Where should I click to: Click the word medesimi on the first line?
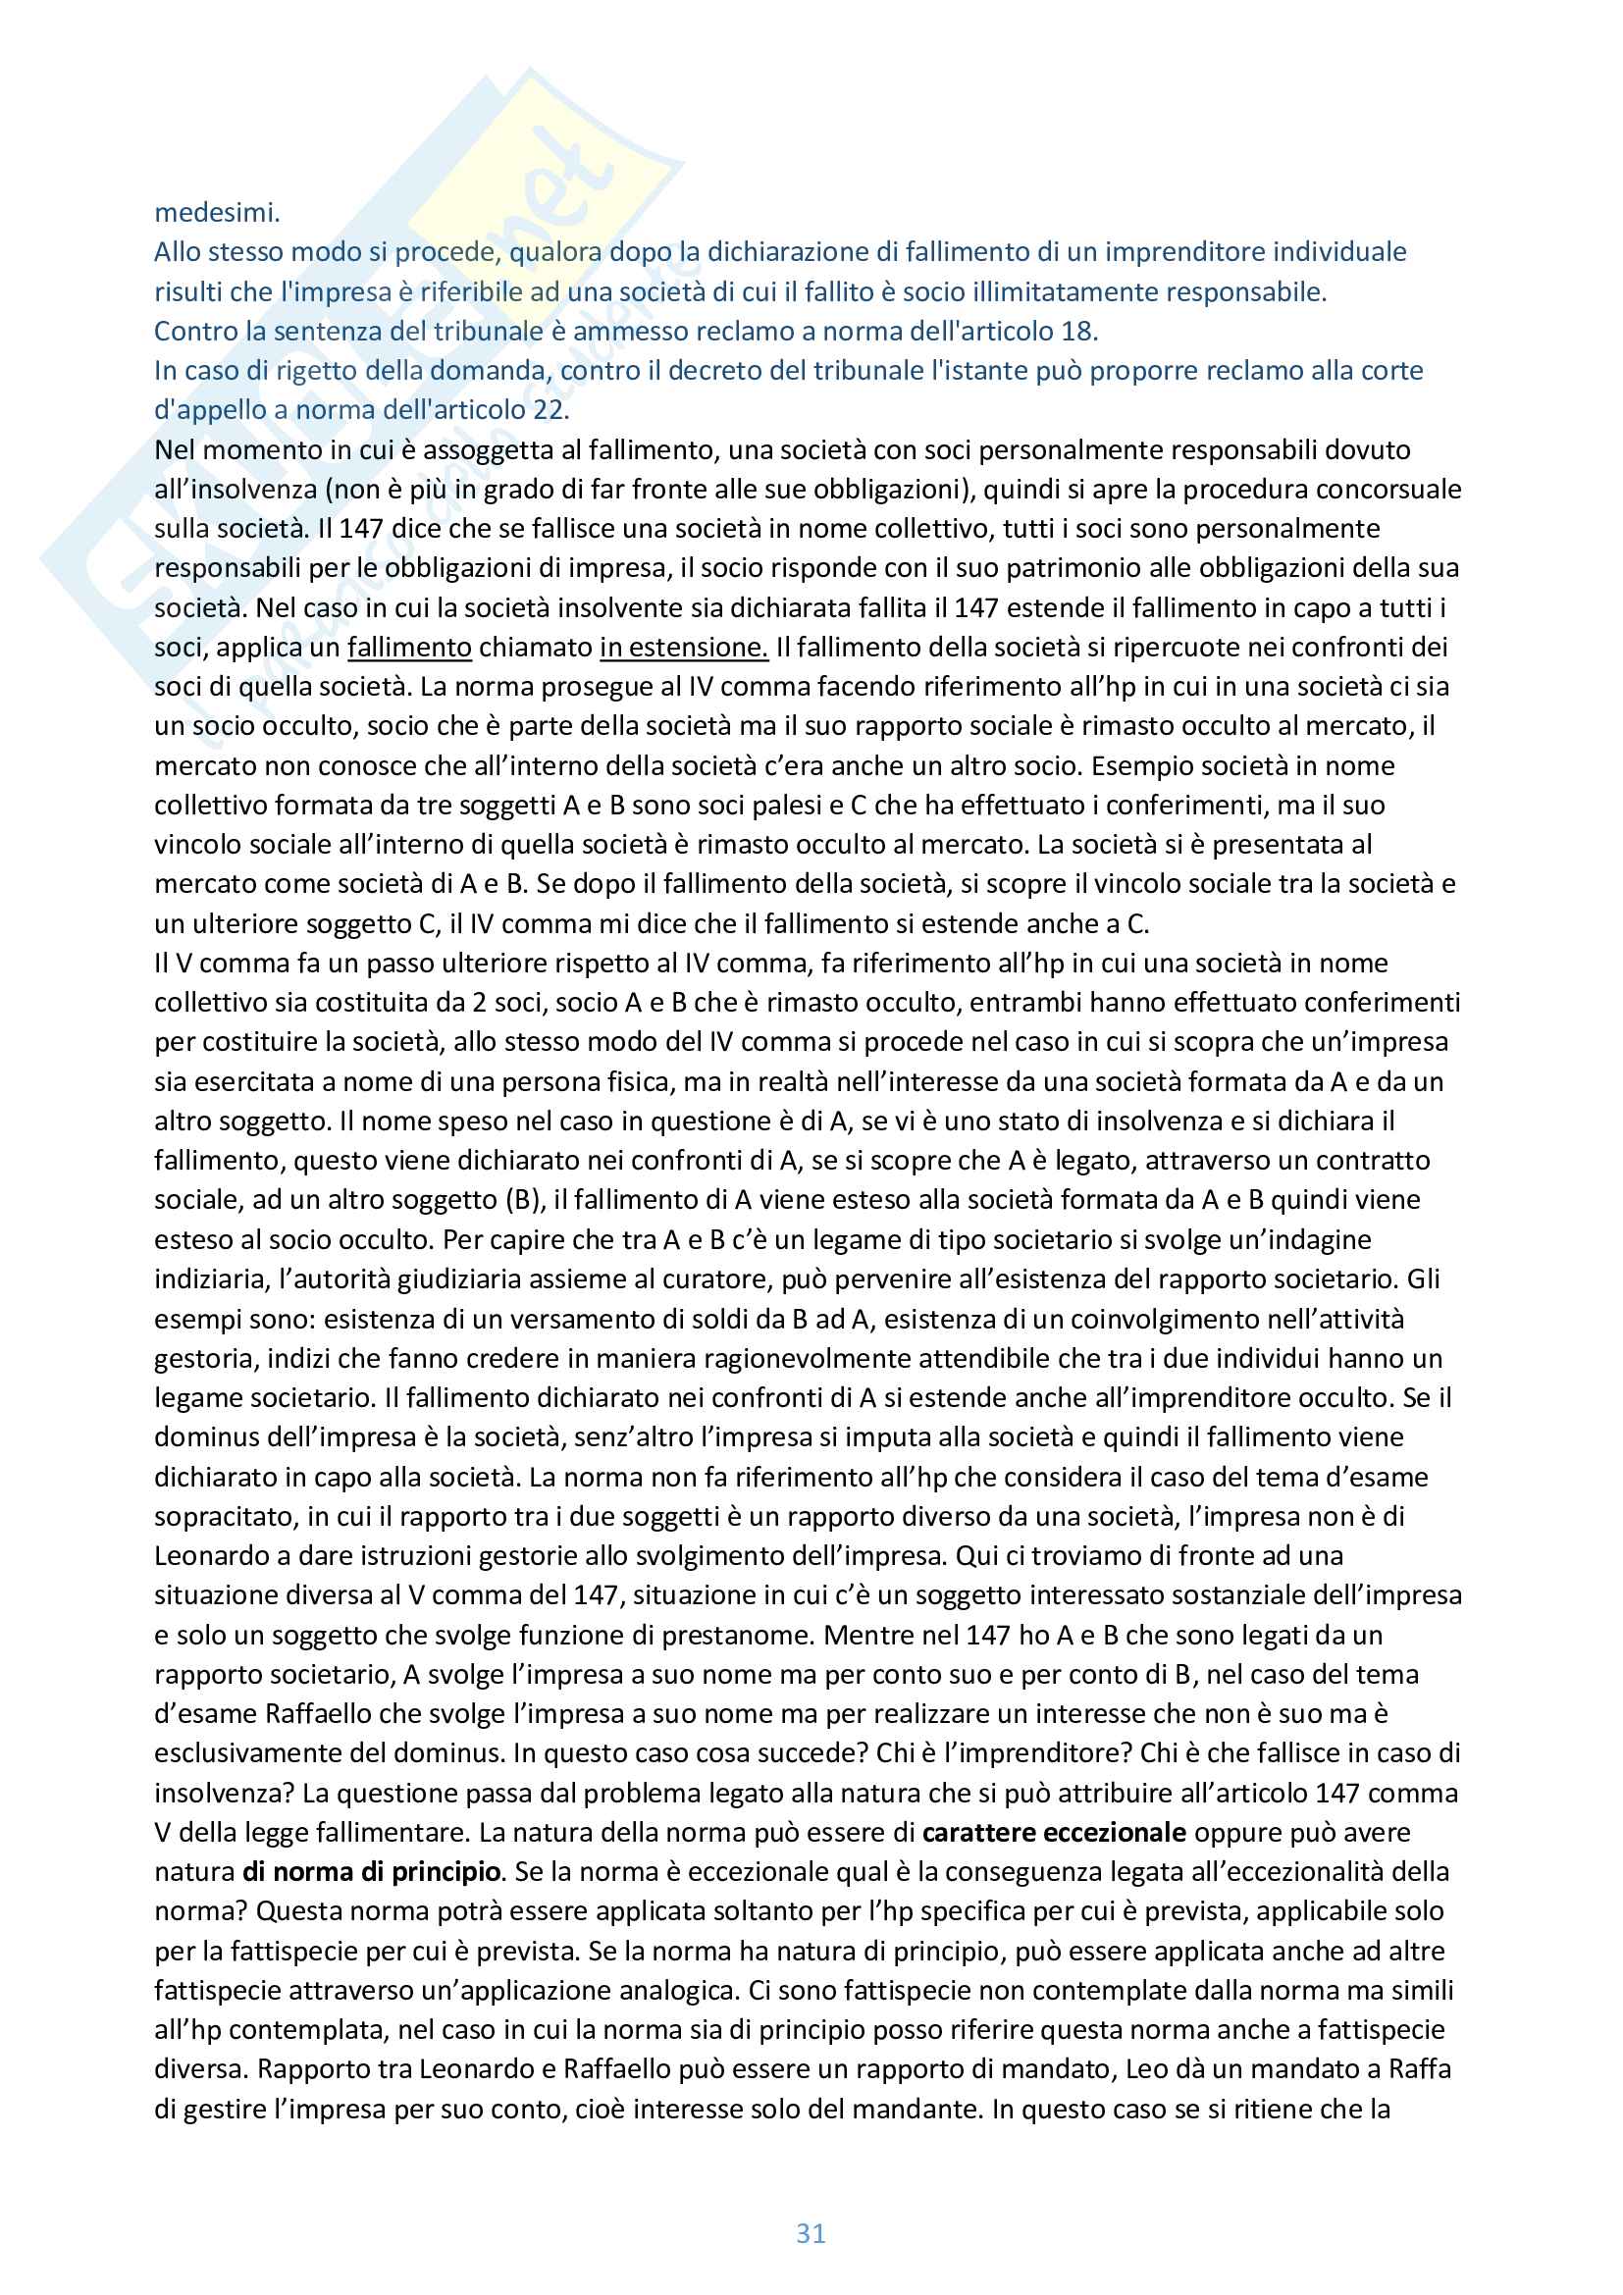click(217, 213)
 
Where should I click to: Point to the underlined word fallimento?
click(409, 648)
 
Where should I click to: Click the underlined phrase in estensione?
click(684, 648)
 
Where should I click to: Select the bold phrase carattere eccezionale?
click(1054, 1833)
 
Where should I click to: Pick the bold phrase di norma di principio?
click(371, 1872)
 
